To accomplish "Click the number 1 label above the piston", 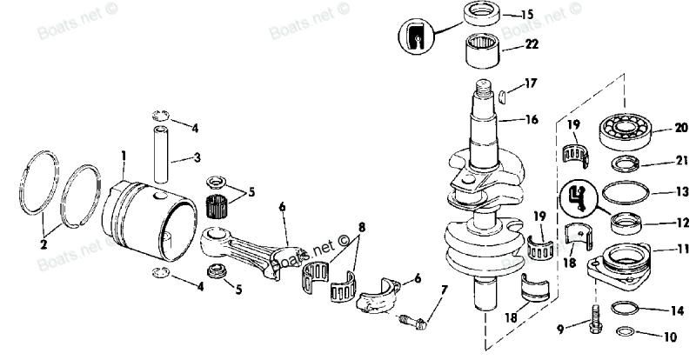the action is click(x=124, y=157).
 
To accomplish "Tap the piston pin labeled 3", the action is click(x=161, y=154).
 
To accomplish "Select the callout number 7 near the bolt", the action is click(x=444, y=290).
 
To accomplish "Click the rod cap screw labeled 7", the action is click(x=412, y=322).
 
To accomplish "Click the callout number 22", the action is click(x=532, y=44).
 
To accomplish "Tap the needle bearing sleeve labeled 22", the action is click(x=483, y=51).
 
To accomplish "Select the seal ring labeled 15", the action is click(x=482, y=13).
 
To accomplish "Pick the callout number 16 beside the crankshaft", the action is click(x=531, y=119).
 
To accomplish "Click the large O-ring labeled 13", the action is click(x=626, y=193).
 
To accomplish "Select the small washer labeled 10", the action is click(x=626, y=331).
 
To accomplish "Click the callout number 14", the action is click(x=677, y=310).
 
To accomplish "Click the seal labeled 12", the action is click(x=626, y=223).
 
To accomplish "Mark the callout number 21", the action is click(x=682, y=161).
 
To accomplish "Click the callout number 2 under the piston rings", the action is click(x=43, y=244).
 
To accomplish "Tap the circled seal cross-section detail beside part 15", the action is click(x=416, y=37).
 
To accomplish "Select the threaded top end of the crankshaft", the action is click(x=483, y=89).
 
